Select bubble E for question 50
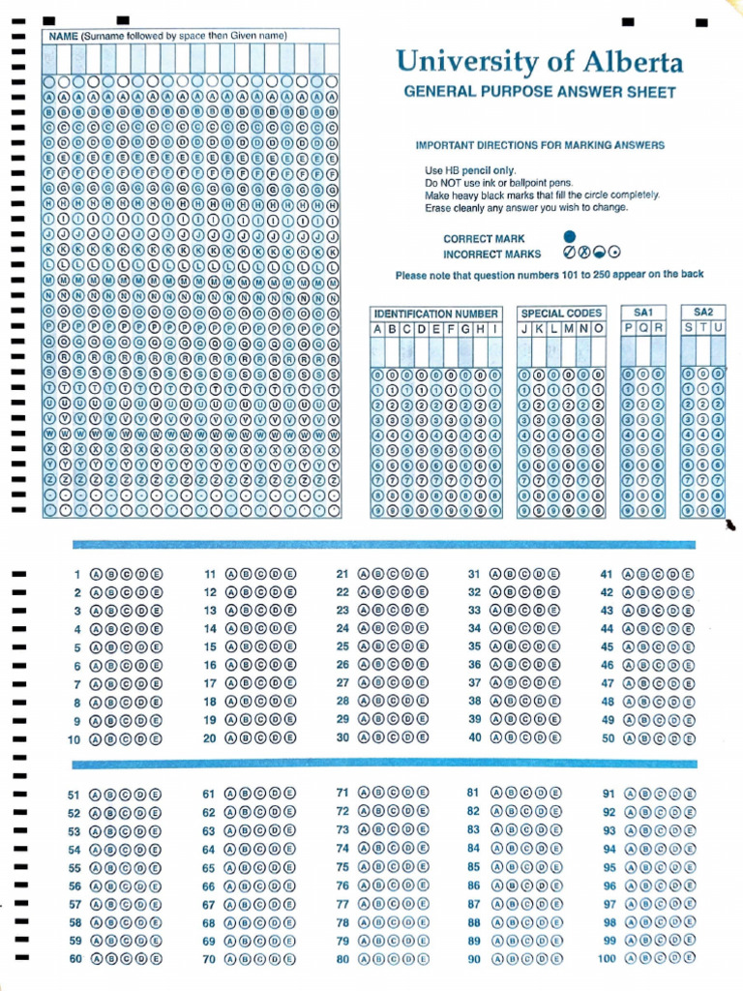point(687,738)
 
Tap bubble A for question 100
point(631,958)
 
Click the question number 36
point(474,665)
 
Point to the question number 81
point(473,792)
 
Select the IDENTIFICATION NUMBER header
point(436,314)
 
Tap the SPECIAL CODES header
point(561,314)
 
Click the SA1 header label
point(643,313)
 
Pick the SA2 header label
point(703,313)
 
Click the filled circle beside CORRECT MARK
point(569,237)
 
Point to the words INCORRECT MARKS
point(491,255)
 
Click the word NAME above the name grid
point(63,36)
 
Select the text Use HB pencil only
point(463,169)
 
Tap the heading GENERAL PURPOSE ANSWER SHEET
point(539,93)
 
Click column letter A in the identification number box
point(378,329)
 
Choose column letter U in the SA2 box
point(718,329)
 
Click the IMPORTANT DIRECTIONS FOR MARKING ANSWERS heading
point(540,145)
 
